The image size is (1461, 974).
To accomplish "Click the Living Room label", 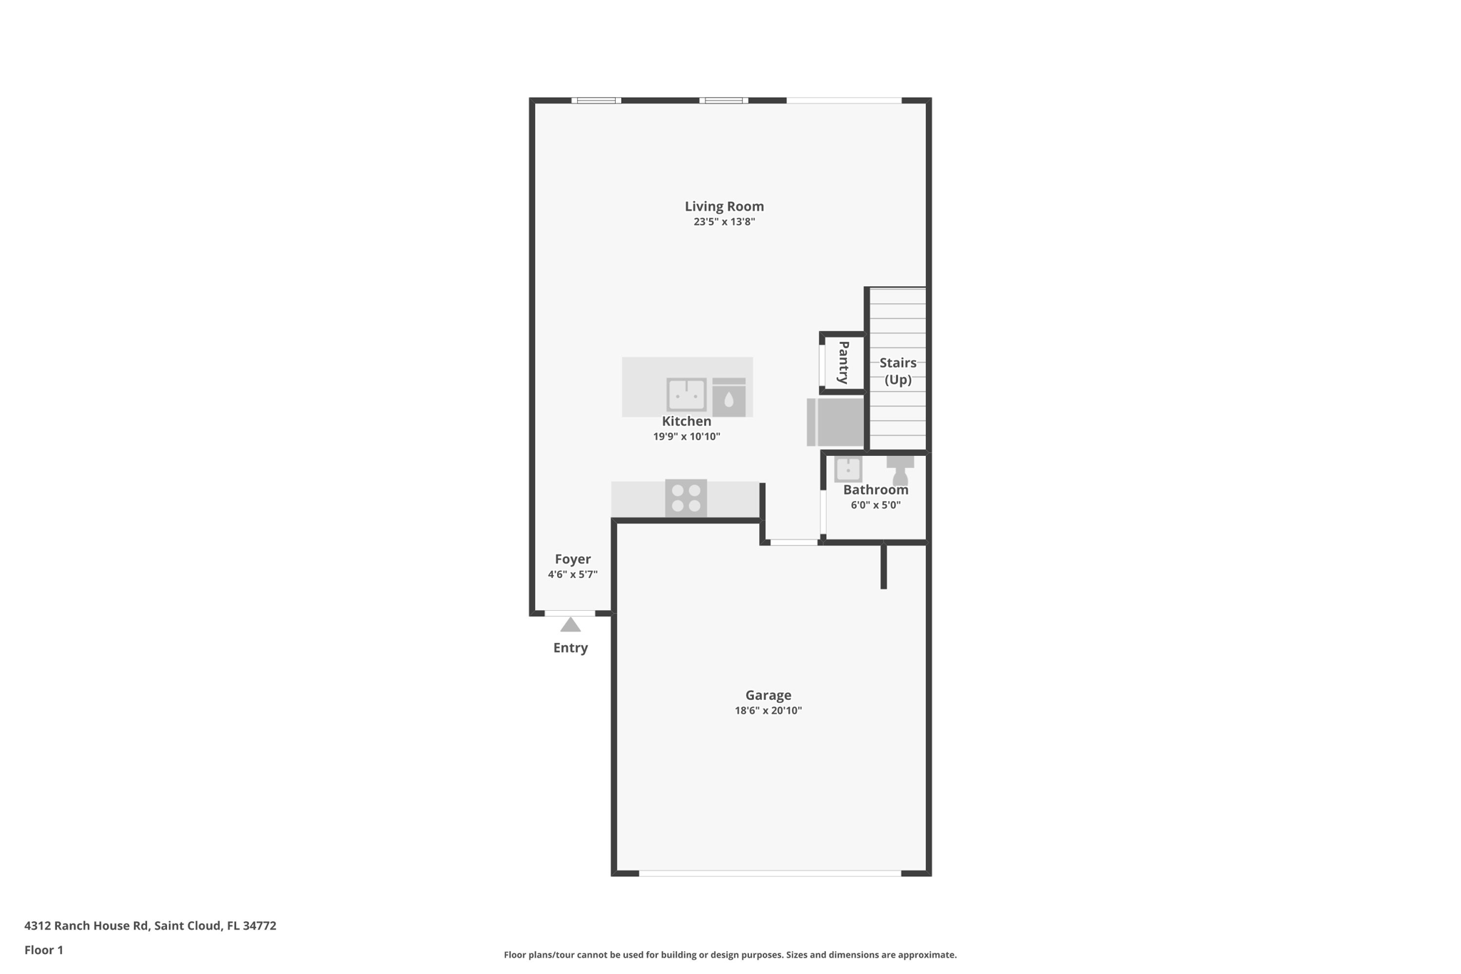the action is tap(724, 206).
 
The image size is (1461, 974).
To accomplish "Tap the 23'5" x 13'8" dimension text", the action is tap(724, 222).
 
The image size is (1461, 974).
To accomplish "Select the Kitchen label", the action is tap(686, 421).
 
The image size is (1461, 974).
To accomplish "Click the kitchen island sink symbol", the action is tap(686, 395).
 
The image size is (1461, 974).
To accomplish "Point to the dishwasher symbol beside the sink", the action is tap(729, 397).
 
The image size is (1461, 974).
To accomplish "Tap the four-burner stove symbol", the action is tap(686, 498).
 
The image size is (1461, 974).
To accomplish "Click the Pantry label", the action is tap(843, 362).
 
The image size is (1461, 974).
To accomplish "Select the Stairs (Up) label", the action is tap(898, 371).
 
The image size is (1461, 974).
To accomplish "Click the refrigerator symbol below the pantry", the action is tap(835, 422).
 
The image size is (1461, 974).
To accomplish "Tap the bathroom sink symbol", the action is tap(848, 470).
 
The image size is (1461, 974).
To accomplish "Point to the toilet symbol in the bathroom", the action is tap(900, 471).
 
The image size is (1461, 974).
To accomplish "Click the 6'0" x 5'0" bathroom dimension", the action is tap(876, 505).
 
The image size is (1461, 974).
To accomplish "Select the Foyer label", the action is tap(573, 559).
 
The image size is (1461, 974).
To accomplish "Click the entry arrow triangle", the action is tap(571, 625).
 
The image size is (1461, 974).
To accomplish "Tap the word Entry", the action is tap(571, 648).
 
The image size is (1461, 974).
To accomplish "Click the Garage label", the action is tap(768, 695).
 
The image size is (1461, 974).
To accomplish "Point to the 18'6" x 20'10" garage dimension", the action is tap(768, 711).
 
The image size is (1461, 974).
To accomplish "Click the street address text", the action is tap(151, 925).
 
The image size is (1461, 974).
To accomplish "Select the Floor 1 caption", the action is tap(44, 950).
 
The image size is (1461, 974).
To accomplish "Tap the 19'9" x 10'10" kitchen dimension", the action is tap(687, 437).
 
